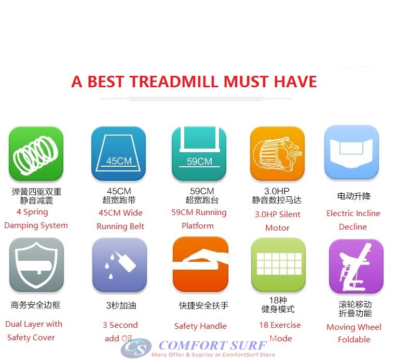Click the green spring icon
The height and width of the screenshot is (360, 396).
coord(36,153)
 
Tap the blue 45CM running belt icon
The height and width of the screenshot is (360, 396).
coord(119,153)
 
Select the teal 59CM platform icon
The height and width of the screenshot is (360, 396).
coord(199,153)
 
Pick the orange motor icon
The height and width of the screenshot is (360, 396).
coord(277,153)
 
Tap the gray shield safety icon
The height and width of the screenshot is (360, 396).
coord(36,264)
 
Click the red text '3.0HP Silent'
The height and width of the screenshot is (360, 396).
coord(277,214)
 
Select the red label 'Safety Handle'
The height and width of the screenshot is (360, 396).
coord(200,326)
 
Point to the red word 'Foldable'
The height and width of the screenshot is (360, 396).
coord(354,340)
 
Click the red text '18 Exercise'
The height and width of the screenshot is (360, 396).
coord(280,325)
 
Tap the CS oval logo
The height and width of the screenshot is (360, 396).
coord(136,348)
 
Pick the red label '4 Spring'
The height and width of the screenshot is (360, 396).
coord(32,212)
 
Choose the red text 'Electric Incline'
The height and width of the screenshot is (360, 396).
coord(353,214)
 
